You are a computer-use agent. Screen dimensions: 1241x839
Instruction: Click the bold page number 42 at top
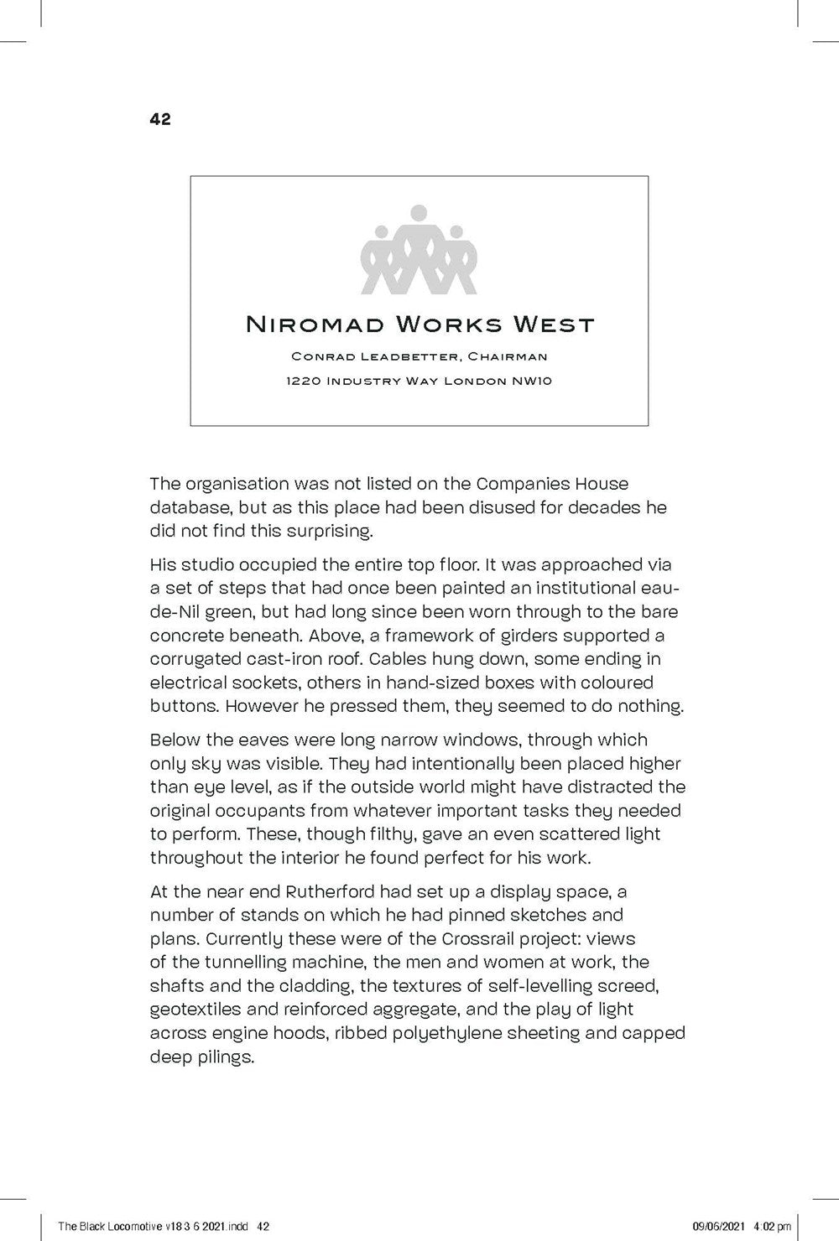click(159, 119)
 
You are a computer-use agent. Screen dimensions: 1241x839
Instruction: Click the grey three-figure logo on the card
click(419, 249)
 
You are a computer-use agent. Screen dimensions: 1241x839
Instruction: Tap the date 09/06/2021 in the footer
click(723, 1226)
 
